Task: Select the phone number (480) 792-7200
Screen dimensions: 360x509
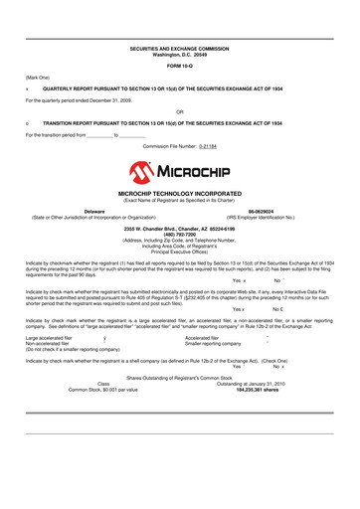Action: [180, 235]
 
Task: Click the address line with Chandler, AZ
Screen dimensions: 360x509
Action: [180, 229]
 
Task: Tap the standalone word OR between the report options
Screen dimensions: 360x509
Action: [179, 110]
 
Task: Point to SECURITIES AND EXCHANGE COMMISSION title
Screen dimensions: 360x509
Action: [180, 47]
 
